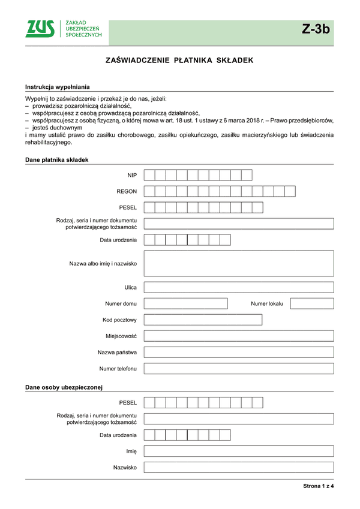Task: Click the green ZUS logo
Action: pyautogui.click(x=40, y=29)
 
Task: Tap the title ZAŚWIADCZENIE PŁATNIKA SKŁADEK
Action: pyautogui.click(x=179, y=61)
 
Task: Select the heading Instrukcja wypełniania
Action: pyautogui.click(x=56, y=88)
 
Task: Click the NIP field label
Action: pyautogui.click(x=132, y=175)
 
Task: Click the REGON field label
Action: pyautogui.click(x=127, y=191)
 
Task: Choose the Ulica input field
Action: pyautogui.click(x=239, y=287)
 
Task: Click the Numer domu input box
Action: pyautogui.click(x=185, y=303)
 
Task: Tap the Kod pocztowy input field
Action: pyautogui.click(x=203, y=320)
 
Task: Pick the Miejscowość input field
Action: pyautogui.click(x=239, y=336)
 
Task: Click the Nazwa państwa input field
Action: pyautogui.click(x=239, y=352)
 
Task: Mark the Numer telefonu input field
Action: pyautogui.click(x=239, y=368)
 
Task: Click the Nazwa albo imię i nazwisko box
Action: pyautogui.click(x=239, y=263)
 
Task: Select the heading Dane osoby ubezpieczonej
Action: pyautogui.click(x=64, y=387)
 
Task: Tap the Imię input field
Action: pyautogui.click(x=239, y=451)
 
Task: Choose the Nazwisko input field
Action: pyautogui.click(x=239, y=467)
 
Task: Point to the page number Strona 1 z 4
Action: pyautogui.click(x=318, y=486)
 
